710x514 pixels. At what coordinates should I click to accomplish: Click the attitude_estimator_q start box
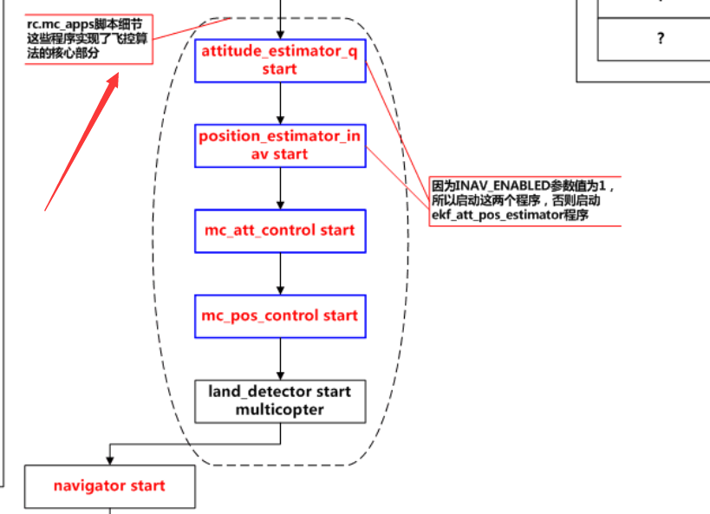tap(280, 61)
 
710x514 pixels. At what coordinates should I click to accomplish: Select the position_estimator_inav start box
tap(280, 146)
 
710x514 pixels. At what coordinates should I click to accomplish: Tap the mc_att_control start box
tap(280, 231)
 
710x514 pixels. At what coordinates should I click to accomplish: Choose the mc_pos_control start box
tap(280, 316)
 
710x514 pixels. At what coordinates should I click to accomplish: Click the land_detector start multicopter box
tap(280, 400)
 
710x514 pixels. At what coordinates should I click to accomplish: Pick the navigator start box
tap(109, 486)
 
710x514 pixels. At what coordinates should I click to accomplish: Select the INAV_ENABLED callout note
tap(524, 200)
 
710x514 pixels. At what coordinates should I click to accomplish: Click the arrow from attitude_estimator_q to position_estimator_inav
tap(280, 103)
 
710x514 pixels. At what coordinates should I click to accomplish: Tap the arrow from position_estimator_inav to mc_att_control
tap(280, 188)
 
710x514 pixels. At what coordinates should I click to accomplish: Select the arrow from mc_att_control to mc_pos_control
tap(280, 273)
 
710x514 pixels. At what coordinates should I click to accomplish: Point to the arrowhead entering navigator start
tap(109, 459)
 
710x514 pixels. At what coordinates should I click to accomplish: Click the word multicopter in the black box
tap(280, 408)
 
